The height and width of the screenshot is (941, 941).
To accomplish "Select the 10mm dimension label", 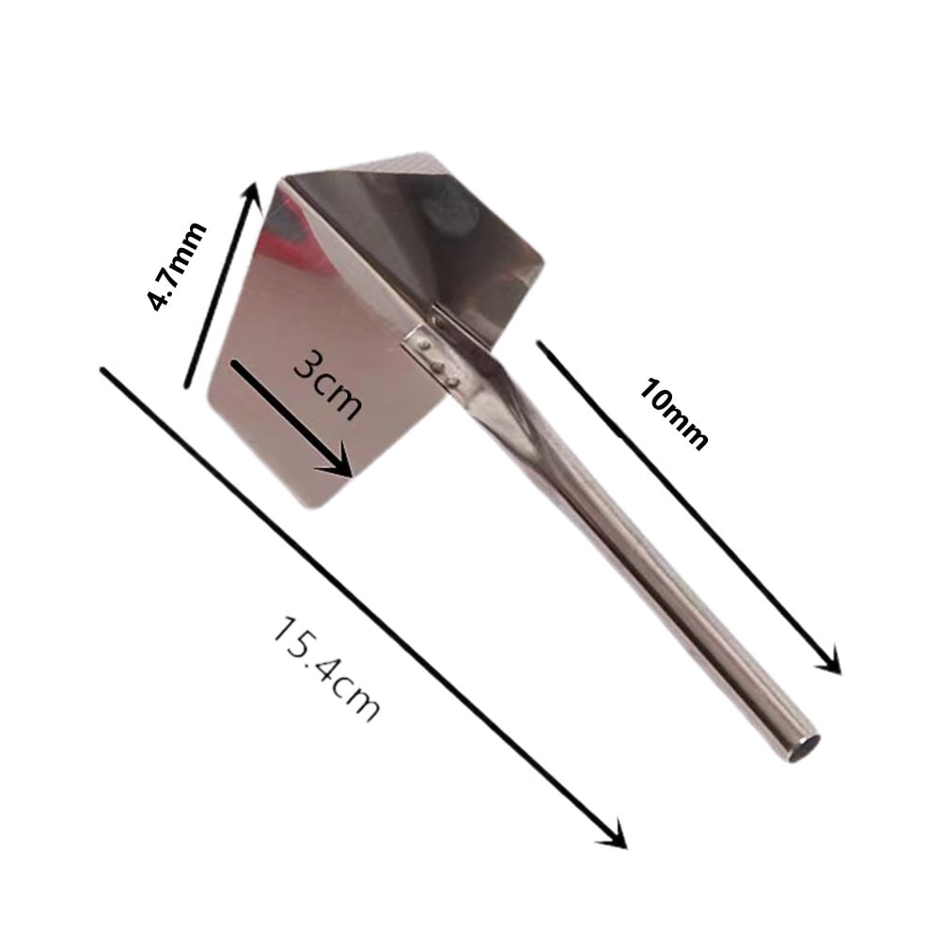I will coord(672,414).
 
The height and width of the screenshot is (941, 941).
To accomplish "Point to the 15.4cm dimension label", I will coord(325,668).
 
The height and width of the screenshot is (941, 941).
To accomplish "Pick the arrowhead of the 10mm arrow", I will coord(828,663).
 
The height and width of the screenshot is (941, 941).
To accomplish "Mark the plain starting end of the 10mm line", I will coord(540,343).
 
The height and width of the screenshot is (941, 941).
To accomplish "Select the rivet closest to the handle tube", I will coord(455,381).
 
